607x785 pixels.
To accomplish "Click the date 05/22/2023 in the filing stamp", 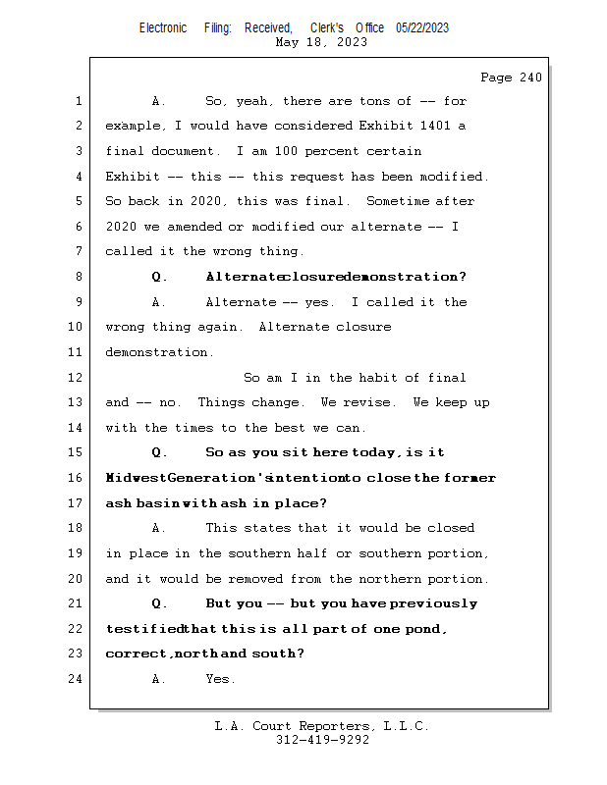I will (x=422, y=28).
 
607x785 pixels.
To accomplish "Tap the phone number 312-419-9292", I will (x=322, y=740).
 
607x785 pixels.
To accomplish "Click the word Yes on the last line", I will (x=219, y=678).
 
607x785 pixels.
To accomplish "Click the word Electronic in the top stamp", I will (x=163, y=28).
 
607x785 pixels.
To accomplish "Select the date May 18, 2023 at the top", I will (x=322, y=42).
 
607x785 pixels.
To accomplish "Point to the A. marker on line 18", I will (x=159, y=528).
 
